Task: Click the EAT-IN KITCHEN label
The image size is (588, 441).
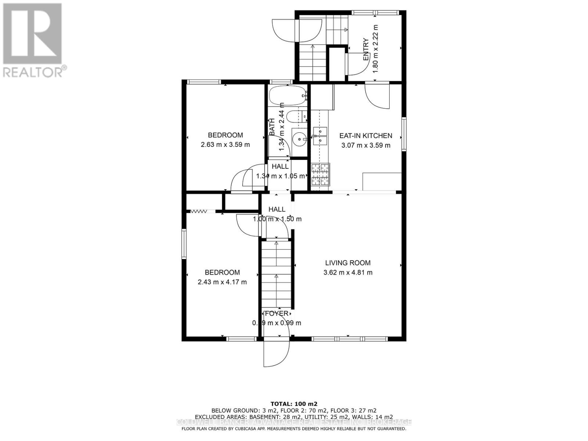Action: point(366,136)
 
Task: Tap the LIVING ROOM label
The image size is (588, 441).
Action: point(348,263)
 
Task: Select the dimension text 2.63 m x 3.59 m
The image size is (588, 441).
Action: point(225,145)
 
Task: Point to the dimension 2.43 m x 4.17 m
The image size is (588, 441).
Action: point(222,282)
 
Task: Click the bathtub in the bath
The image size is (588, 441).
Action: point(287,96)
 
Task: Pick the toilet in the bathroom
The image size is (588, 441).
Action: point(296,117)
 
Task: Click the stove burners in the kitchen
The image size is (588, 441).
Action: point(320,175)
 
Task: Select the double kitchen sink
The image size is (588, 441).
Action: point(320,136)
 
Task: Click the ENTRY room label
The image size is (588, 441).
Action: point(366,50)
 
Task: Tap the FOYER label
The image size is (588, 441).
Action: point(276,313)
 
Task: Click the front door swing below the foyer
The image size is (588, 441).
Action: point(276,353)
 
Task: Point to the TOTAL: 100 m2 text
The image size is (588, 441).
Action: point(294,403)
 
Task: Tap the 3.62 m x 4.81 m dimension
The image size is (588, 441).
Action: point(348,273)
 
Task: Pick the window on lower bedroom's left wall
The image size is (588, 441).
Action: point(184,244)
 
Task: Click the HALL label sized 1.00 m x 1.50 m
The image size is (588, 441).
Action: point(277,209)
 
